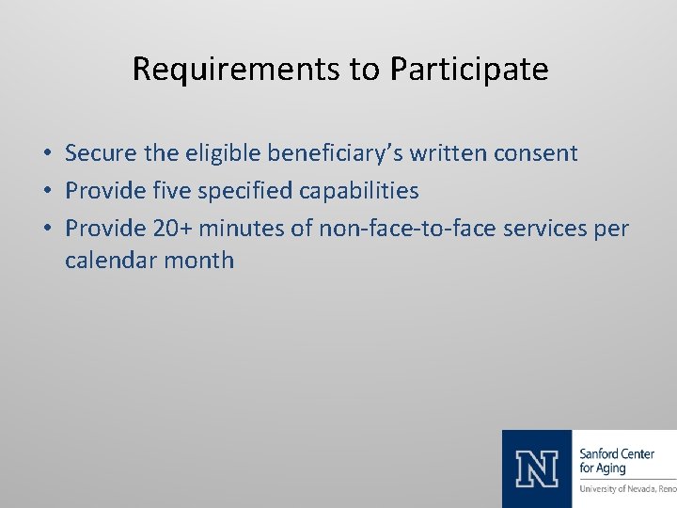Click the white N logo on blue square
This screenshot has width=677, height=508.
[537, 468]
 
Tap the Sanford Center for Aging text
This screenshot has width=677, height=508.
[617, 461]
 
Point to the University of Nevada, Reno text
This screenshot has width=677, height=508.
[627, 489]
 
